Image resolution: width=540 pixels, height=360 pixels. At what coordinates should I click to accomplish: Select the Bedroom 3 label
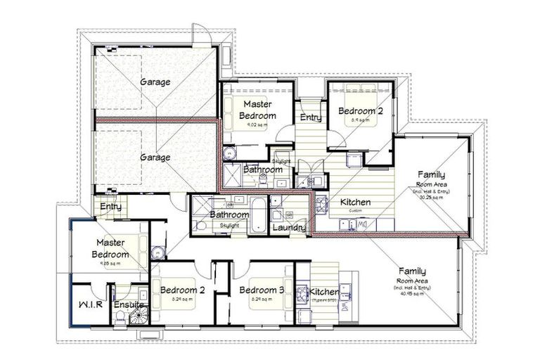(x=261, y=290)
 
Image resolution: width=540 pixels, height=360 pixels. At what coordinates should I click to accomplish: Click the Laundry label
(x=288, y=228)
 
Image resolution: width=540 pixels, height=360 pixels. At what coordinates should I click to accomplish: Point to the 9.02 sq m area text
(x=257, y=125)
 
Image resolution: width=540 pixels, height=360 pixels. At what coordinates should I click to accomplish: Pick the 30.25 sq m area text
(x=431, y=198)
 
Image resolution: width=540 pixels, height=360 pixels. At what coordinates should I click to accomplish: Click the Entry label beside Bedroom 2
(x=311, y=117)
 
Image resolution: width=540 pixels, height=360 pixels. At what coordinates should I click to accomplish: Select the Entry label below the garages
(x=110, y=207)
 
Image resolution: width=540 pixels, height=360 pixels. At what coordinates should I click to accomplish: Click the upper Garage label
(x=155, y=82)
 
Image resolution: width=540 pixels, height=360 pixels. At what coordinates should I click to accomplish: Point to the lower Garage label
(x=155, y=157)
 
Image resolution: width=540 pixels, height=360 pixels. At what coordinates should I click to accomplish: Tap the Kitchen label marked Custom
(x=355, y=202)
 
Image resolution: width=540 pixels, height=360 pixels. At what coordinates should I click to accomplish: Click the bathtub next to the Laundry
(x=259, y=215)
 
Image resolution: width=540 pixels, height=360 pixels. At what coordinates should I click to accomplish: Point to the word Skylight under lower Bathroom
(x=229, y=225)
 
